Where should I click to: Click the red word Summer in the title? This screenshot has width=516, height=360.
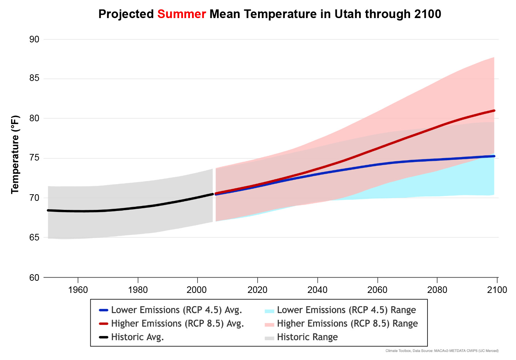(x=182, y=14)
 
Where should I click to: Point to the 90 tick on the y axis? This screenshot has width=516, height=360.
(x=34, y=39)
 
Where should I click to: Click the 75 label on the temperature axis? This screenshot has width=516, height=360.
(x=34, y=158)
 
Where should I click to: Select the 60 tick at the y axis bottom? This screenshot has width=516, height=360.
(x=34, y=278)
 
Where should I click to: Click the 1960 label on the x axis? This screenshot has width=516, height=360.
(x=78, y=290)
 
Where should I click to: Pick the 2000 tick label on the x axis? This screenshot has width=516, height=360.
(x=197, y=290)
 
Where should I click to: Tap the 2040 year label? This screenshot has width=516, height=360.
(x=317, y=290)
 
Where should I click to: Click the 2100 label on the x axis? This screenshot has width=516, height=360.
(x=497, y=290)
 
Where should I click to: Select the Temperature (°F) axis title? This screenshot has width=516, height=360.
(x=15, y=155)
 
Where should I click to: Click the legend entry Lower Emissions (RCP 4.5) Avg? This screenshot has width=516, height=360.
(x=176, y=310)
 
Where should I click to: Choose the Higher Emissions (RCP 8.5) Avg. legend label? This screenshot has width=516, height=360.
(x=177, y=324)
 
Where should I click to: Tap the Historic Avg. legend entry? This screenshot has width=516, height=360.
(x=138, y=337)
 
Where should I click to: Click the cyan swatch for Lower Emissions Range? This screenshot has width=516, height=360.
(x=269, y=311)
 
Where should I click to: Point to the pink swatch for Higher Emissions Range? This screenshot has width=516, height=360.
(x=269, y=324)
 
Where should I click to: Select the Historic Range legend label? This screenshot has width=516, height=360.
(x=307, y=337)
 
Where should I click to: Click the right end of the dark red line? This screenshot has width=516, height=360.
(x=494, y=111)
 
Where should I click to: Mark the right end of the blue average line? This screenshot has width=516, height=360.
(x=494, y=156)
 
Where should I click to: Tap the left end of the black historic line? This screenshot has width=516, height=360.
(x=48, y=210)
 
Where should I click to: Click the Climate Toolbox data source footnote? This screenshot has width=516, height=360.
(x=442, y=351)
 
